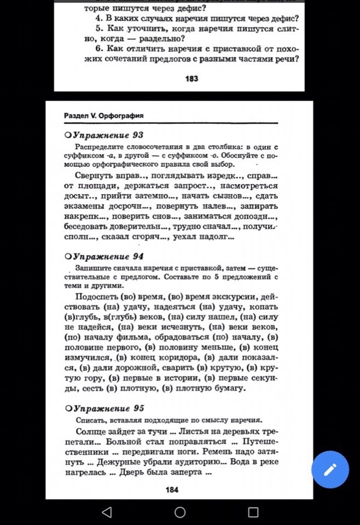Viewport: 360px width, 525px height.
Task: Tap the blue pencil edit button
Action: pyautogui.click(x=330, y=469)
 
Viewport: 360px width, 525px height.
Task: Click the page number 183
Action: pyautogui.click(x=191, y=79)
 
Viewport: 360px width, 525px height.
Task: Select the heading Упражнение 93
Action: pyautogui.click(x=108, y=135)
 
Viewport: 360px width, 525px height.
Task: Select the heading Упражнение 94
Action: pyautogui.click(x=108, y=256)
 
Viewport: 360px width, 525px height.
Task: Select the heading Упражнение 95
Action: pyautogui.click(x=108, y=408)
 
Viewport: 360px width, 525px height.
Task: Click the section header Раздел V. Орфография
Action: pyautogui.click(x=103, y=116)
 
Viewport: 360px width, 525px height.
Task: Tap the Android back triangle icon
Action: pyautogui.click(x=107, y=512)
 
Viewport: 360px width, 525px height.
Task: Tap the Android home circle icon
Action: pyautogui.click(x=180, y=512)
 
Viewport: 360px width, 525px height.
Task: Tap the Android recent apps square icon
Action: pyautogui.click(x=253, y=512)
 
